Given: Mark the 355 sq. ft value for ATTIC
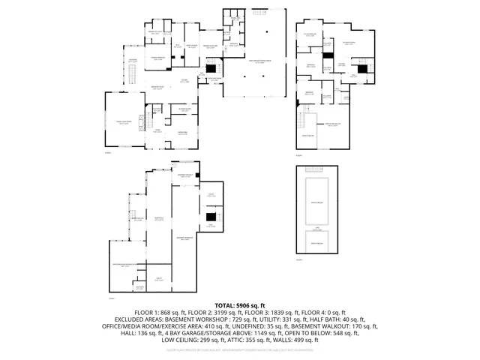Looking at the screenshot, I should point(259,339).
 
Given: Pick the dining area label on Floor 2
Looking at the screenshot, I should point(182,133).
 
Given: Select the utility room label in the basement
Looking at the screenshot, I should point(159,277).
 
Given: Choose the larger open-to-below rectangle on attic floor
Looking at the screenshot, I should point(316,202).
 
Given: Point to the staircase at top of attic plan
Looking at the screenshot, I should point(316,169).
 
